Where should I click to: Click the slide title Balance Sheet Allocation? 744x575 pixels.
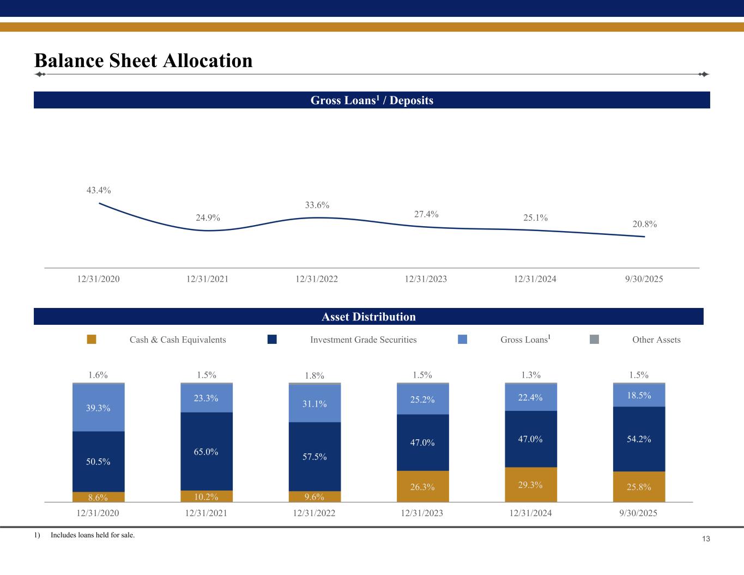click(x=143, y=60)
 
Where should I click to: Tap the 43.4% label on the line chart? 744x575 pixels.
click(x=99, y=190)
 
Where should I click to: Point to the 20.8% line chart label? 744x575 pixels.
click(x=644, y=224)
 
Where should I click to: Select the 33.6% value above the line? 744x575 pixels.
click(x=317, y=205)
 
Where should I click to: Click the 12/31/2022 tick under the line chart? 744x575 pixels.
click(x=317, y=279)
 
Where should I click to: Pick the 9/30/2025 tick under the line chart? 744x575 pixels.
click(x=644, y=279)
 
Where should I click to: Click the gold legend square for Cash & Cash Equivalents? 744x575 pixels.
click(x=92, y=340)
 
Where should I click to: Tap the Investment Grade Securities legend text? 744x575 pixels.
click(x=363, y=340)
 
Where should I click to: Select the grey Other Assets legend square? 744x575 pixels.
click(x=594, y=340)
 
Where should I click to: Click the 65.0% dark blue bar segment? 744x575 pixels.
click(x=206, y=451)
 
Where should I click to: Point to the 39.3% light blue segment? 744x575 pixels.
click(x=98, y=408)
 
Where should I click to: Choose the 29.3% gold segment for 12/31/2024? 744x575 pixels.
click(x=530, y=485)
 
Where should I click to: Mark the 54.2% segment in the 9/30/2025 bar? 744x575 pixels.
click(x=639, y=439)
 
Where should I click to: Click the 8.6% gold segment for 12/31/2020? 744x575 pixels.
click(x=98, y=497)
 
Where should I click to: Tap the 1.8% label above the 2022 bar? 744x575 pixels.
click(x=314, y=376)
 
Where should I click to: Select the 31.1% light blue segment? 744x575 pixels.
click(x=314, y=404)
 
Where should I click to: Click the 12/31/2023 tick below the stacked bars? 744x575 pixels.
click(x=422, y=513)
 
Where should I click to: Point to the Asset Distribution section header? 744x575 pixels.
click(x=368, y=317)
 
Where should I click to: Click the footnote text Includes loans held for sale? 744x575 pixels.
click(x=93, y=535)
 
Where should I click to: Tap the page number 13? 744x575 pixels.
click(x=706, y=539)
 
